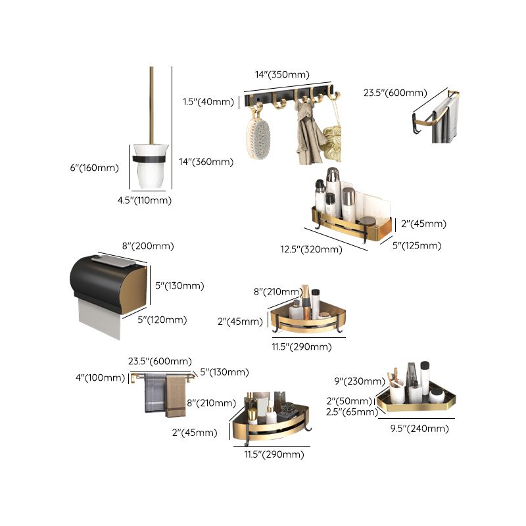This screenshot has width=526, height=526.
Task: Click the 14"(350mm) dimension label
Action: tap(282, 75)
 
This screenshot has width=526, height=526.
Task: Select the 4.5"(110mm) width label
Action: tap(144, 201)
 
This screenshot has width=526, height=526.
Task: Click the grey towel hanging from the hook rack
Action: tap(306, 138)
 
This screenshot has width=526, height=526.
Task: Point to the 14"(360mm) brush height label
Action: tap(206, 162)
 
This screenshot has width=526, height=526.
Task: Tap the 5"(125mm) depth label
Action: tap(418, 246)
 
